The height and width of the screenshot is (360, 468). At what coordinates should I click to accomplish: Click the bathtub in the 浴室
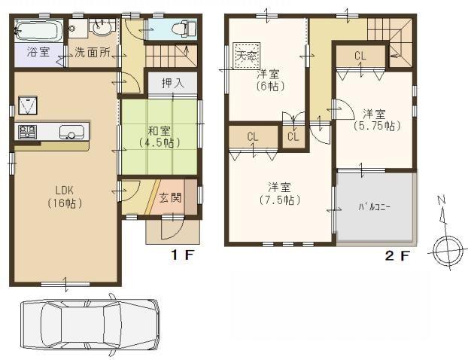(x=36, y=32)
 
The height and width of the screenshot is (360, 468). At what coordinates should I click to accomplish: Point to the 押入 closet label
(x=172, y=83)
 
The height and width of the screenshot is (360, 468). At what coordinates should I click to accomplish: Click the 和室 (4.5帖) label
(x=158, y=134)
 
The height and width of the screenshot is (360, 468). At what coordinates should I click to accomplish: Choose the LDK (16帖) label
(x=64, y=196)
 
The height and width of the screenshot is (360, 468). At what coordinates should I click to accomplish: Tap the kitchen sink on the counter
(x=70, y=133)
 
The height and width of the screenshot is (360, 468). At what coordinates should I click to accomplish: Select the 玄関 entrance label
(x=170, y=197)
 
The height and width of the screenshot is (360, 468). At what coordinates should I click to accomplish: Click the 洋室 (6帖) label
(x=268, y=80)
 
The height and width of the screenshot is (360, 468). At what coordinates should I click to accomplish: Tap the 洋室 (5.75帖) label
(x=375, y=121)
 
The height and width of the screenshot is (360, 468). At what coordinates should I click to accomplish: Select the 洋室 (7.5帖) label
(x=279, y=194)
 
